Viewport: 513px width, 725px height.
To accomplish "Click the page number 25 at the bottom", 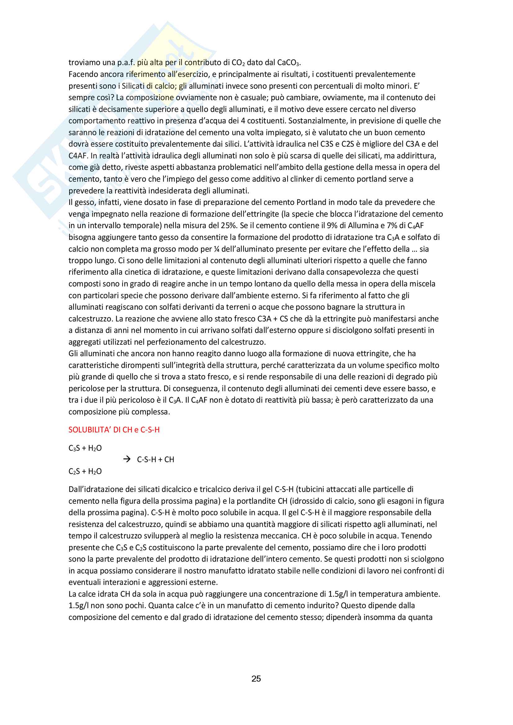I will pos(256,679).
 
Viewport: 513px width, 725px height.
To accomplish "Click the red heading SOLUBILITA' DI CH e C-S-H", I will pos(114,430).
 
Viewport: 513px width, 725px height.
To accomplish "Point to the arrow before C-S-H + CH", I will pos(127,459).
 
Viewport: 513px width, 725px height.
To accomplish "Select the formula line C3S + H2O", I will pos(85,448).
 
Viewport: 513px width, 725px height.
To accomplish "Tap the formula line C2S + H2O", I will pos(85,471).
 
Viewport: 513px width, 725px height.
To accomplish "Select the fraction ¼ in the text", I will pos(216,249).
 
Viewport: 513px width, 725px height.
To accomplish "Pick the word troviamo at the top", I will pos(84,63).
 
